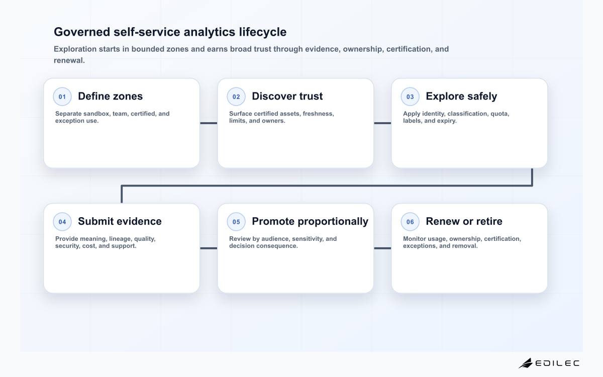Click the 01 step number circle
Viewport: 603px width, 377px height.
[x=62, y=97]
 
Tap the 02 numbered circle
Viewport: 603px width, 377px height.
[x=236, y=97]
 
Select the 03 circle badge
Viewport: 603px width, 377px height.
[x=410, y=97]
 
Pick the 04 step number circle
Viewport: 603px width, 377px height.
[x=62, y=222]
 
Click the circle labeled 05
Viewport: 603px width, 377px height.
[x=236, y=222]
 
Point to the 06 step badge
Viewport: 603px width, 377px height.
[x=410, y=222]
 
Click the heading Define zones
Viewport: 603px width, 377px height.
[x=111, y=96]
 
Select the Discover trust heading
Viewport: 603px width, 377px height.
[x=287, y=96]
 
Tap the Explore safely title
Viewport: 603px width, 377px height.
[x=461, y=97]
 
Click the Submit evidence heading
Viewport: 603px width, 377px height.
[x=120, y=221]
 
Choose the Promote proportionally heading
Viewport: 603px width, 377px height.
[x=310, y=222]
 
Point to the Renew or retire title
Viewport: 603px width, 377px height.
[x=464, y=221]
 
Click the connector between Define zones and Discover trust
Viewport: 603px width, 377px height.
[x=209, y=123]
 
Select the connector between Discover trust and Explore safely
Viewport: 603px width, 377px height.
[x=382, y=123]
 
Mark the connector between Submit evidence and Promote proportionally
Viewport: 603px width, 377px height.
[x=209, y=248]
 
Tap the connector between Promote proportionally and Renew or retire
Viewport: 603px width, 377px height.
[x=382, y=248]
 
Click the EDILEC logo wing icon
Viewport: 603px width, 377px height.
[x=526, y=363]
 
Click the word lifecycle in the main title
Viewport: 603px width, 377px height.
[x=263, y=32]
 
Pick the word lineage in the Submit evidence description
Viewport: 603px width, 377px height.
[x=121, y=239]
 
